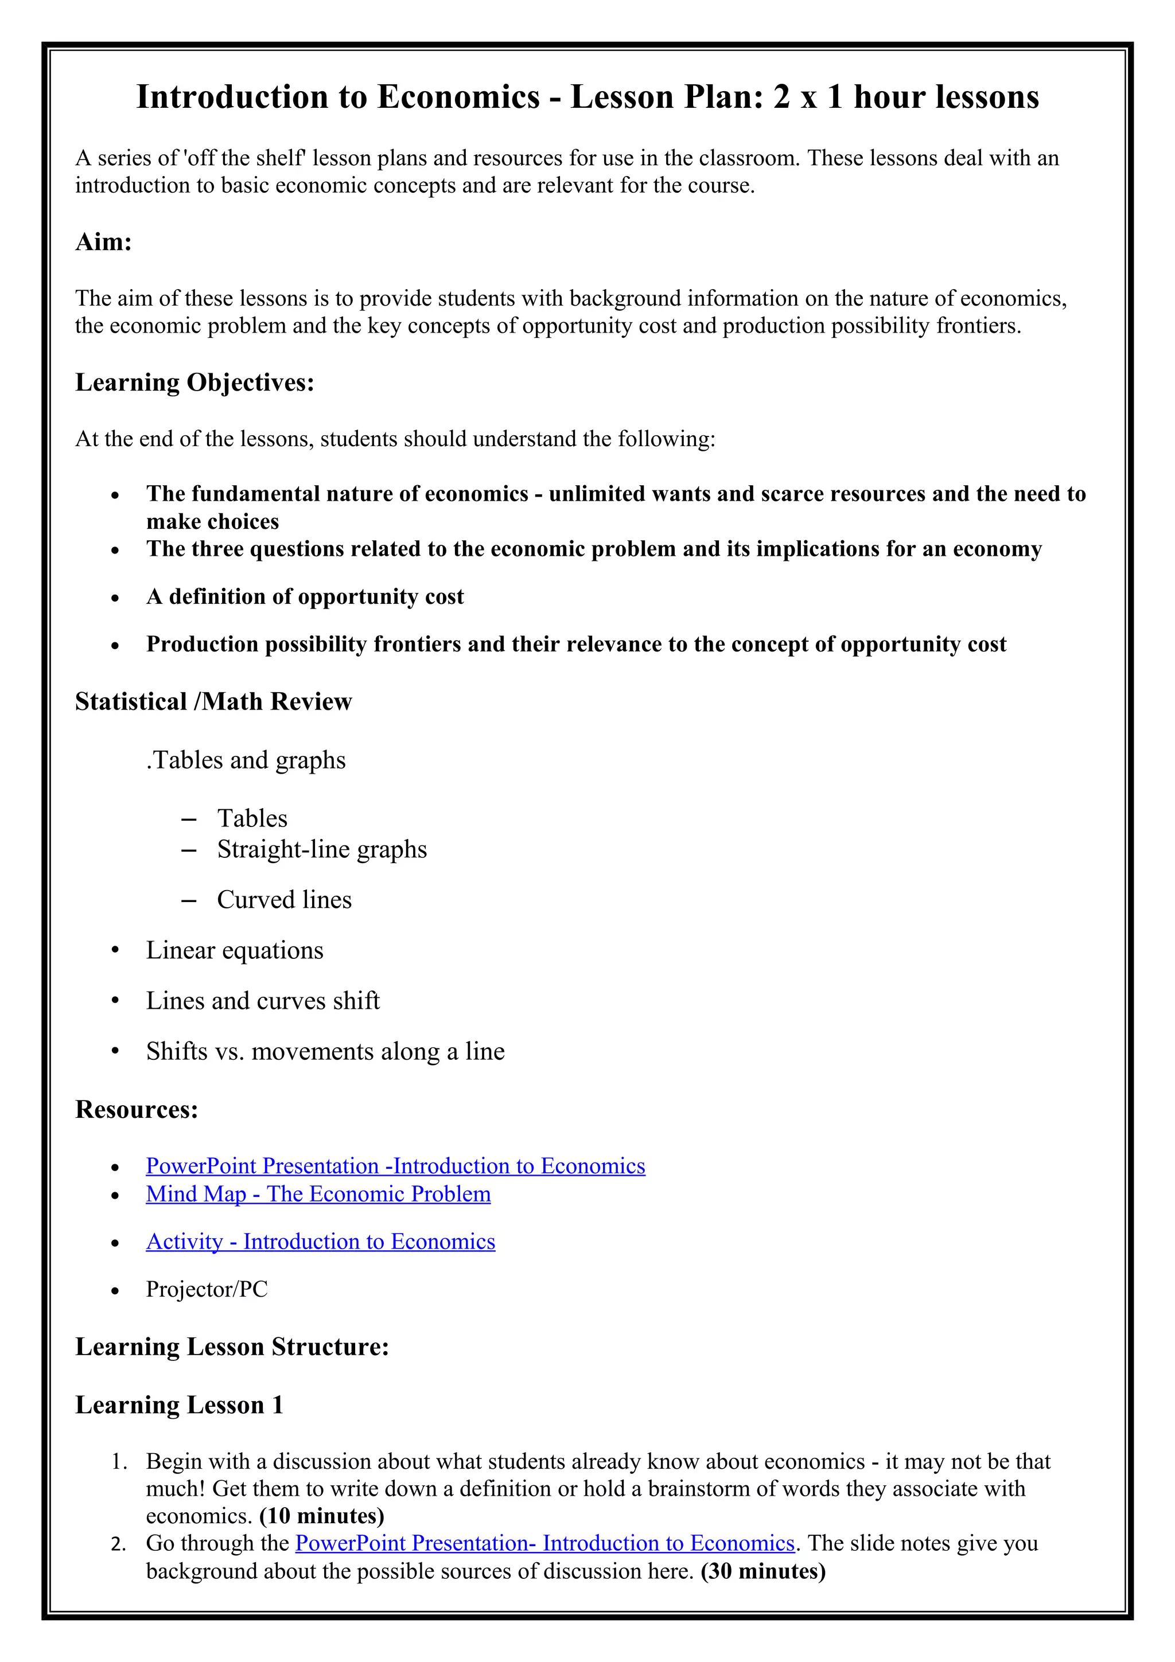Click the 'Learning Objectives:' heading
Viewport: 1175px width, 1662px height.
point(194,382)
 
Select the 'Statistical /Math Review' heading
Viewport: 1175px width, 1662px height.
point(213,701)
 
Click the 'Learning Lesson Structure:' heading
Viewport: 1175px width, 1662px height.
point(232,1347)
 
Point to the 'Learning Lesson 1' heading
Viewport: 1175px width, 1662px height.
point(179,1405)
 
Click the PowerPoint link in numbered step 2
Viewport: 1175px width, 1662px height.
point(545,1543)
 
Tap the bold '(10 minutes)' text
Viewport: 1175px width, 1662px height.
point(321,1516)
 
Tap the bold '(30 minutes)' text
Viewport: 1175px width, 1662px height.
point(763,1571)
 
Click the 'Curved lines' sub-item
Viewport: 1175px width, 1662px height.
point(285,900)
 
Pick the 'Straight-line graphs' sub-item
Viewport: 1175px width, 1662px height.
point(322,849)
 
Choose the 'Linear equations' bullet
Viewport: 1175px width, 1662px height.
point(235,950)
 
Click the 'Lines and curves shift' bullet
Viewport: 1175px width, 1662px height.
point(263,1001)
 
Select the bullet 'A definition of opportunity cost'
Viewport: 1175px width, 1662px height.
point(305,596)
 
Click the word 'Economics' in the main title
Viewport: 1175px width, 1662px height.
point(458,97)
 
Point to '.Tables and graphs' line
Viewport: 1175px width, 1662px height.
point(246,760)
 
